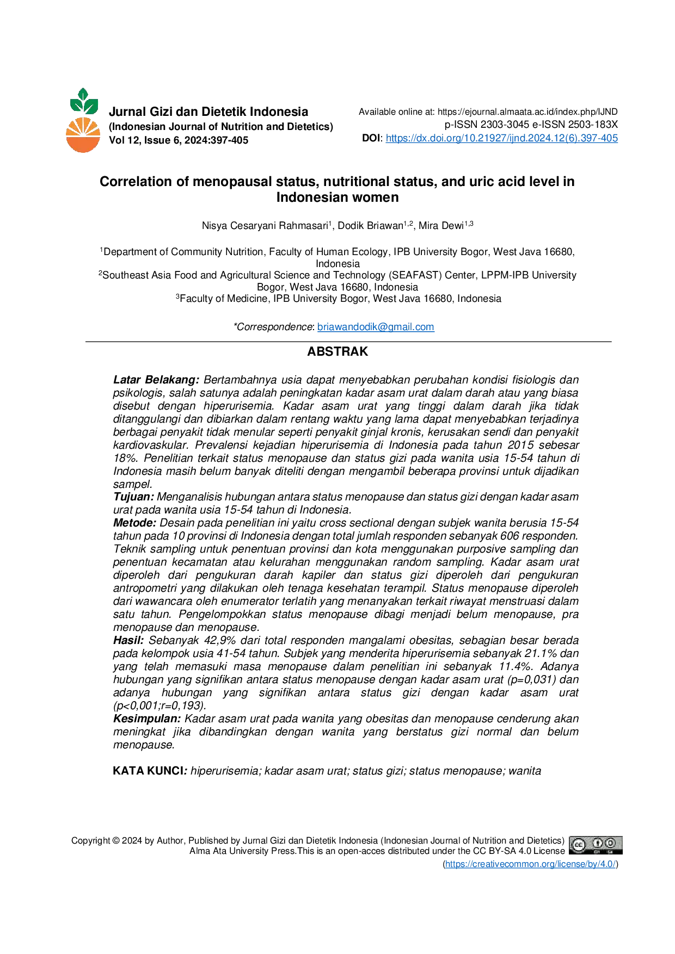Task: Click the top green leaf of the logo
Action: (x=83, y=92)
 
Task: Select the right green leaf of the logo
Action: (x=92, y=106)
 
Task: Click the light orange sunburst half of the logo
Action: (x=83, y=128)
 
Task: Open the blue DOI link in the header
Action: (x=501, y=138)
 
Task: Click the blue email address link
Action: (x=376, y=327)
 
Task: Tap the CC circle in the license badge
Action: (x=578, y=845)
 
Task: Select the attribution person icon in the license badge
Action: (x=597, y=843)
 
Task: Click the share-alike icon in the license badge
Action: (x=611, y=843)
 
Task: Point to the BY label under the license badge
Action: (x=597, y=851)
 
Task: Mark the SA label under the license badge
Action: (x=611, y=851)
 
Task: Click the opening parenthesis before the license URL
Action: (x=442, y=864)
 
